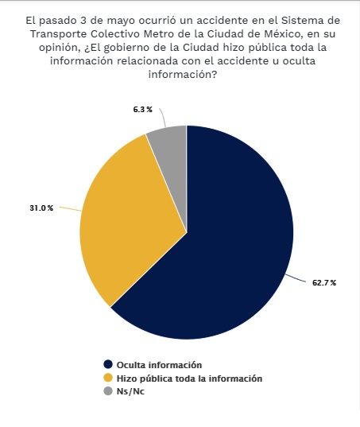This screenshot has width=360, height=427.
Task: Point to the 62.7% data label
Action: pyautogui.click(x=324, y=282)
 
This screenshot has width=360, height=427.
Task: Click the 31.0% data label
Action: pyautogui.click(x=41, y=208)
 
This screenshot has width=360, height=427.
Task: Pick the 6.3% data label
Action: pyautogui.click(x=142, y=110)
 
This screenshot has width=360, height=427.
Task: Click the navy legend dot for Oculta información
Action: pyautogui.click(x=108, y=364)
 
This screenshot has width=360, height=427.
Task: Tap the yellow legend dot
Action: pyautogui.click(x=108, y=378)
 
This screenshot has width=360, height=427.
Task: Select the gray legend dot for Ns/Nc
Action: pyautogui.click(x=108, y=391)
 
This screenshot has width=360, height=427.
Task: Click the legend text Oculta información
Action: pyautogui.click(x=159, y=365)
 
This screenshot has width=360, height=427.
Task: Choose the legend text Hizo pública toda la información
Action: pyautogui.click(x=189, y=378)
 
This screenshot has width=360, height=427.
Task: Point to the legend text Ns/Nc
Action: pyautogui.click(x=130, y=391)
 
